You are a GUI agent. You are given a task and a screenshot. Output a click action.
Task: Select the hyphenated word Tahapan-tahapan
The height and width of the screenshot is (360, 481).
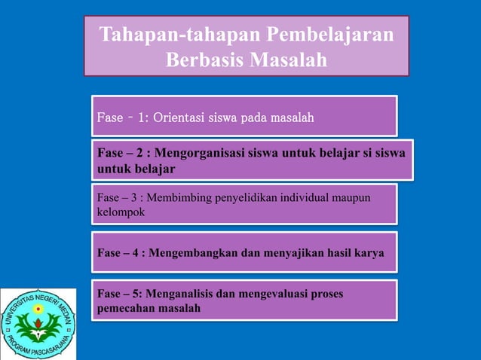coord(175,35)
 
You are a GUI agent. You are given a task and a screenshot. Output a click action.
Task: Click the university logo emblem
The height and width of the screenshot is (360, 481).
coord(38,323)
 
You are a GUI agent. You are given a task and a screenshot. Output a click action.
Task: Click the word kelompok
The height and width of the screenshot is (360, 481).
coord(121,212)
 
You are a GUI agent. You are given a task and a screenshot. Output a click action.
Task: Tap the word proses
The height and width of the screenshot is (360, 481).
coord(326,293)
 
